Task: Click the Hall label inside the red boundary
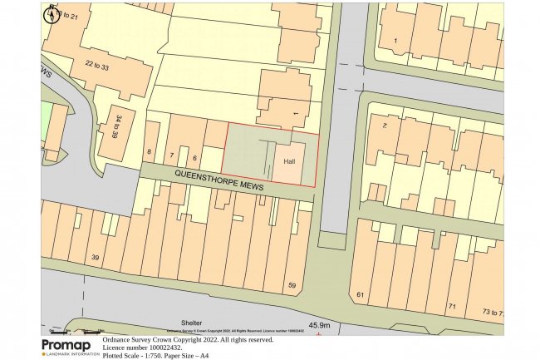[x=290, y=161]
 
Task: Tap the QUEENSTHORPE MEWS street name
[x=219, y=181]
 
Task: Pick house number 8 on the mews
[x=150, y=151]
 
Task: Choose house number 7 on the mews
[x=172, y=155]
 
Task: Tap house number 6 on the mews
[x=195, y=158]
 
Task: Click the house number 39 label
[x=96, y=259]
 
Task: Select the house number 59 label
[x=292, y=286]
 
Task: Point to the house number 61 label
[x=360, y=295]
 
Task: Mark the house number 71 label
[x=452, y=307]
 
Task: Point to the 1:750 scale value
[x=155, y=356]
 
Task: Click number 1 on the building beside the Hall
[x=294, y=112]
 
